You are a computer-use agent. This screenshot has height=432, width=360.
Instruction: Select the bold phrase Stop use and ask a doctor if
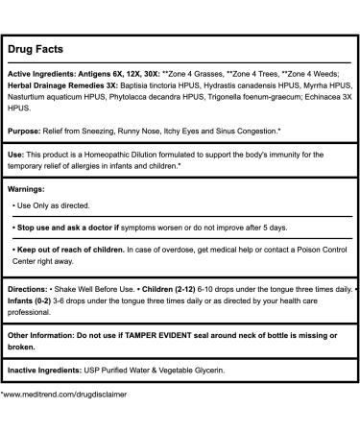[x=78, y=227]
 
